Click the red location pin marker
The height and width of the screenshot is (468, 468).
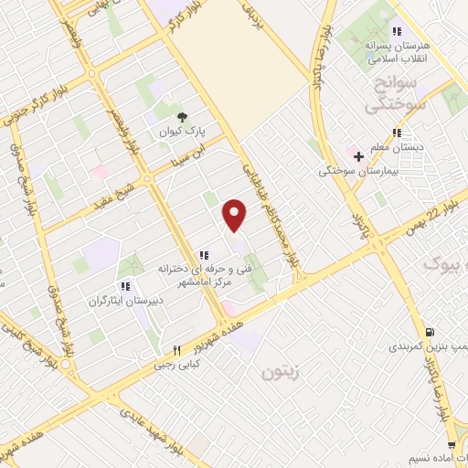[235, 213]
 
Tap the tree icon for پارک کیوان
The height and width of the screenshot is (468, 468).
[183, 116]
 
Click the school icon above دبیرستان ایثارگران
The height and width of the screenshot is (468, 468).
[125, 285]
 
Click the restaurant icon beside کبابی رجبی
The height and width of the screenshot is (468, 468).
[177, 350]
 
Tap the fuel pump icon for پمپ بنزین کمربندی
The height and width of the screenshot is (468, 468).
[429, 331]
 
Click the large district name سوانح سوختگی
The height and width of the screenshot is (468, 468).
[396, 94]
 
